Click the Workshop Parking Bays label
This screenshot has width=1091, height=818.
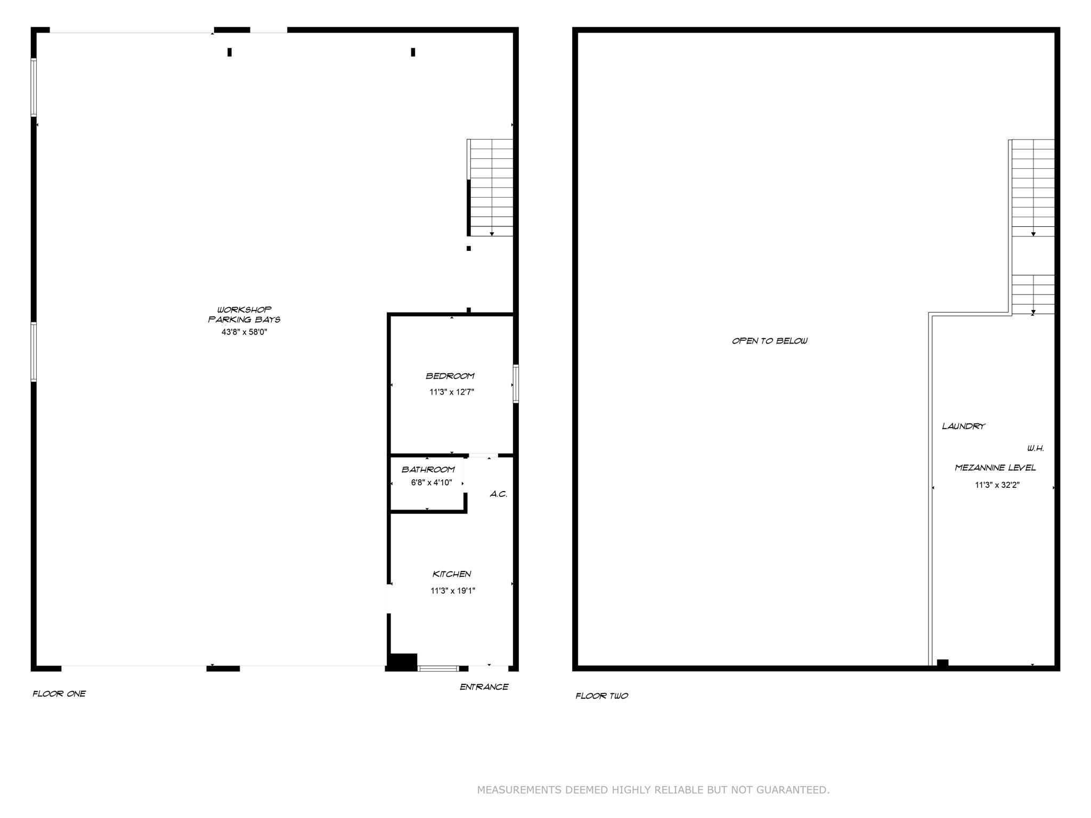coord(244,314)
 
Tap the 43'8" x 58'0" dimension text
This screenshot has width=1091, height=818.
coord(244,332)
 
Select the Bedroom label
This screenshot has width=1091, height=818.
coord(450,376)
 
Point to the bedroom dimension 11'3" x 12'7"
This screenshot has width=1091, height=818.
coord(452,392)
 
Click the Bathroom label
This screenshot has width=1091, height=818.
coord(428,469)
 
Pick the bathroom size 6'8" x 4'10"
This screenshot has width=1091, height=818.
coord(431,482)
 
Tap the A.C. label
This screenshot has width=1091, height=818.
coord(499,494)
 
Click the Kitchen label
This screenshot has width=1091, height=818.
coord(452,574)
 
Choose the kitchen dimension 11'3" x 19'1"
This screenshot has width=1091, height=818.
coord(453,591)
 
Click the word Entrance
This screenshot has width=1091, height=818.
coord(484,687)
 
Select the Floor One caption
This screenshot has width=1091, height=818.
coord(59,693)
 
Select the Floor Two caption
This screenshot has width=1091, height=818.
coord(602,696)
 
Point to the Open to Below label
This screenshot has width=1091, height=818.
coord(770,341)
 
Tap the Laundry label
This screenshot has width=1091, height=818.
coord(964,426)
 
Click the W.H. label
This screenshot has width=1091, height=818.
coord(1036,448)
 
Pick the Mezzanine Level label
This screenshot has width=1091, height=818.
coord(995,468)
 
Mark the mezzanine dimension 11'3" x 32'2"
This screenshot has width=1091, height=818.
coord(997,485)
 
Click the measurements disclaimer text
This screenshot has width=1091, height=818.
coord(653,790)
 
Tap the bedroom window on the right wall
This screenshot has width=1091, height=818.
coord(516,383)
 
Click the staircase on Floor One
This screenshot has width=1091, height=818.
coord(490,187)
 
